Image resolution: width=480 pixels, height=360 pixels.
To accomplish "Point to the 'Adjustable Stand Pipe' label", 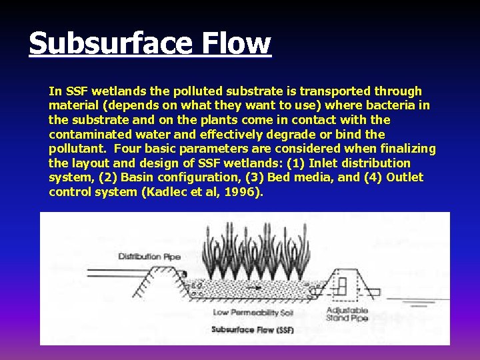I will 347,315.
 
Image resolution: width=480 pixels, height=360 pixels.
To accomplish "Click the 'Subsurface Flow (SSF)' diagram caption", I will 243,329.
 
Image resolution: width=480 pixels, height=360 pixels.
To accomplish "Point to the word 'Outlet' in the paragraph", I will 405,178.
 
